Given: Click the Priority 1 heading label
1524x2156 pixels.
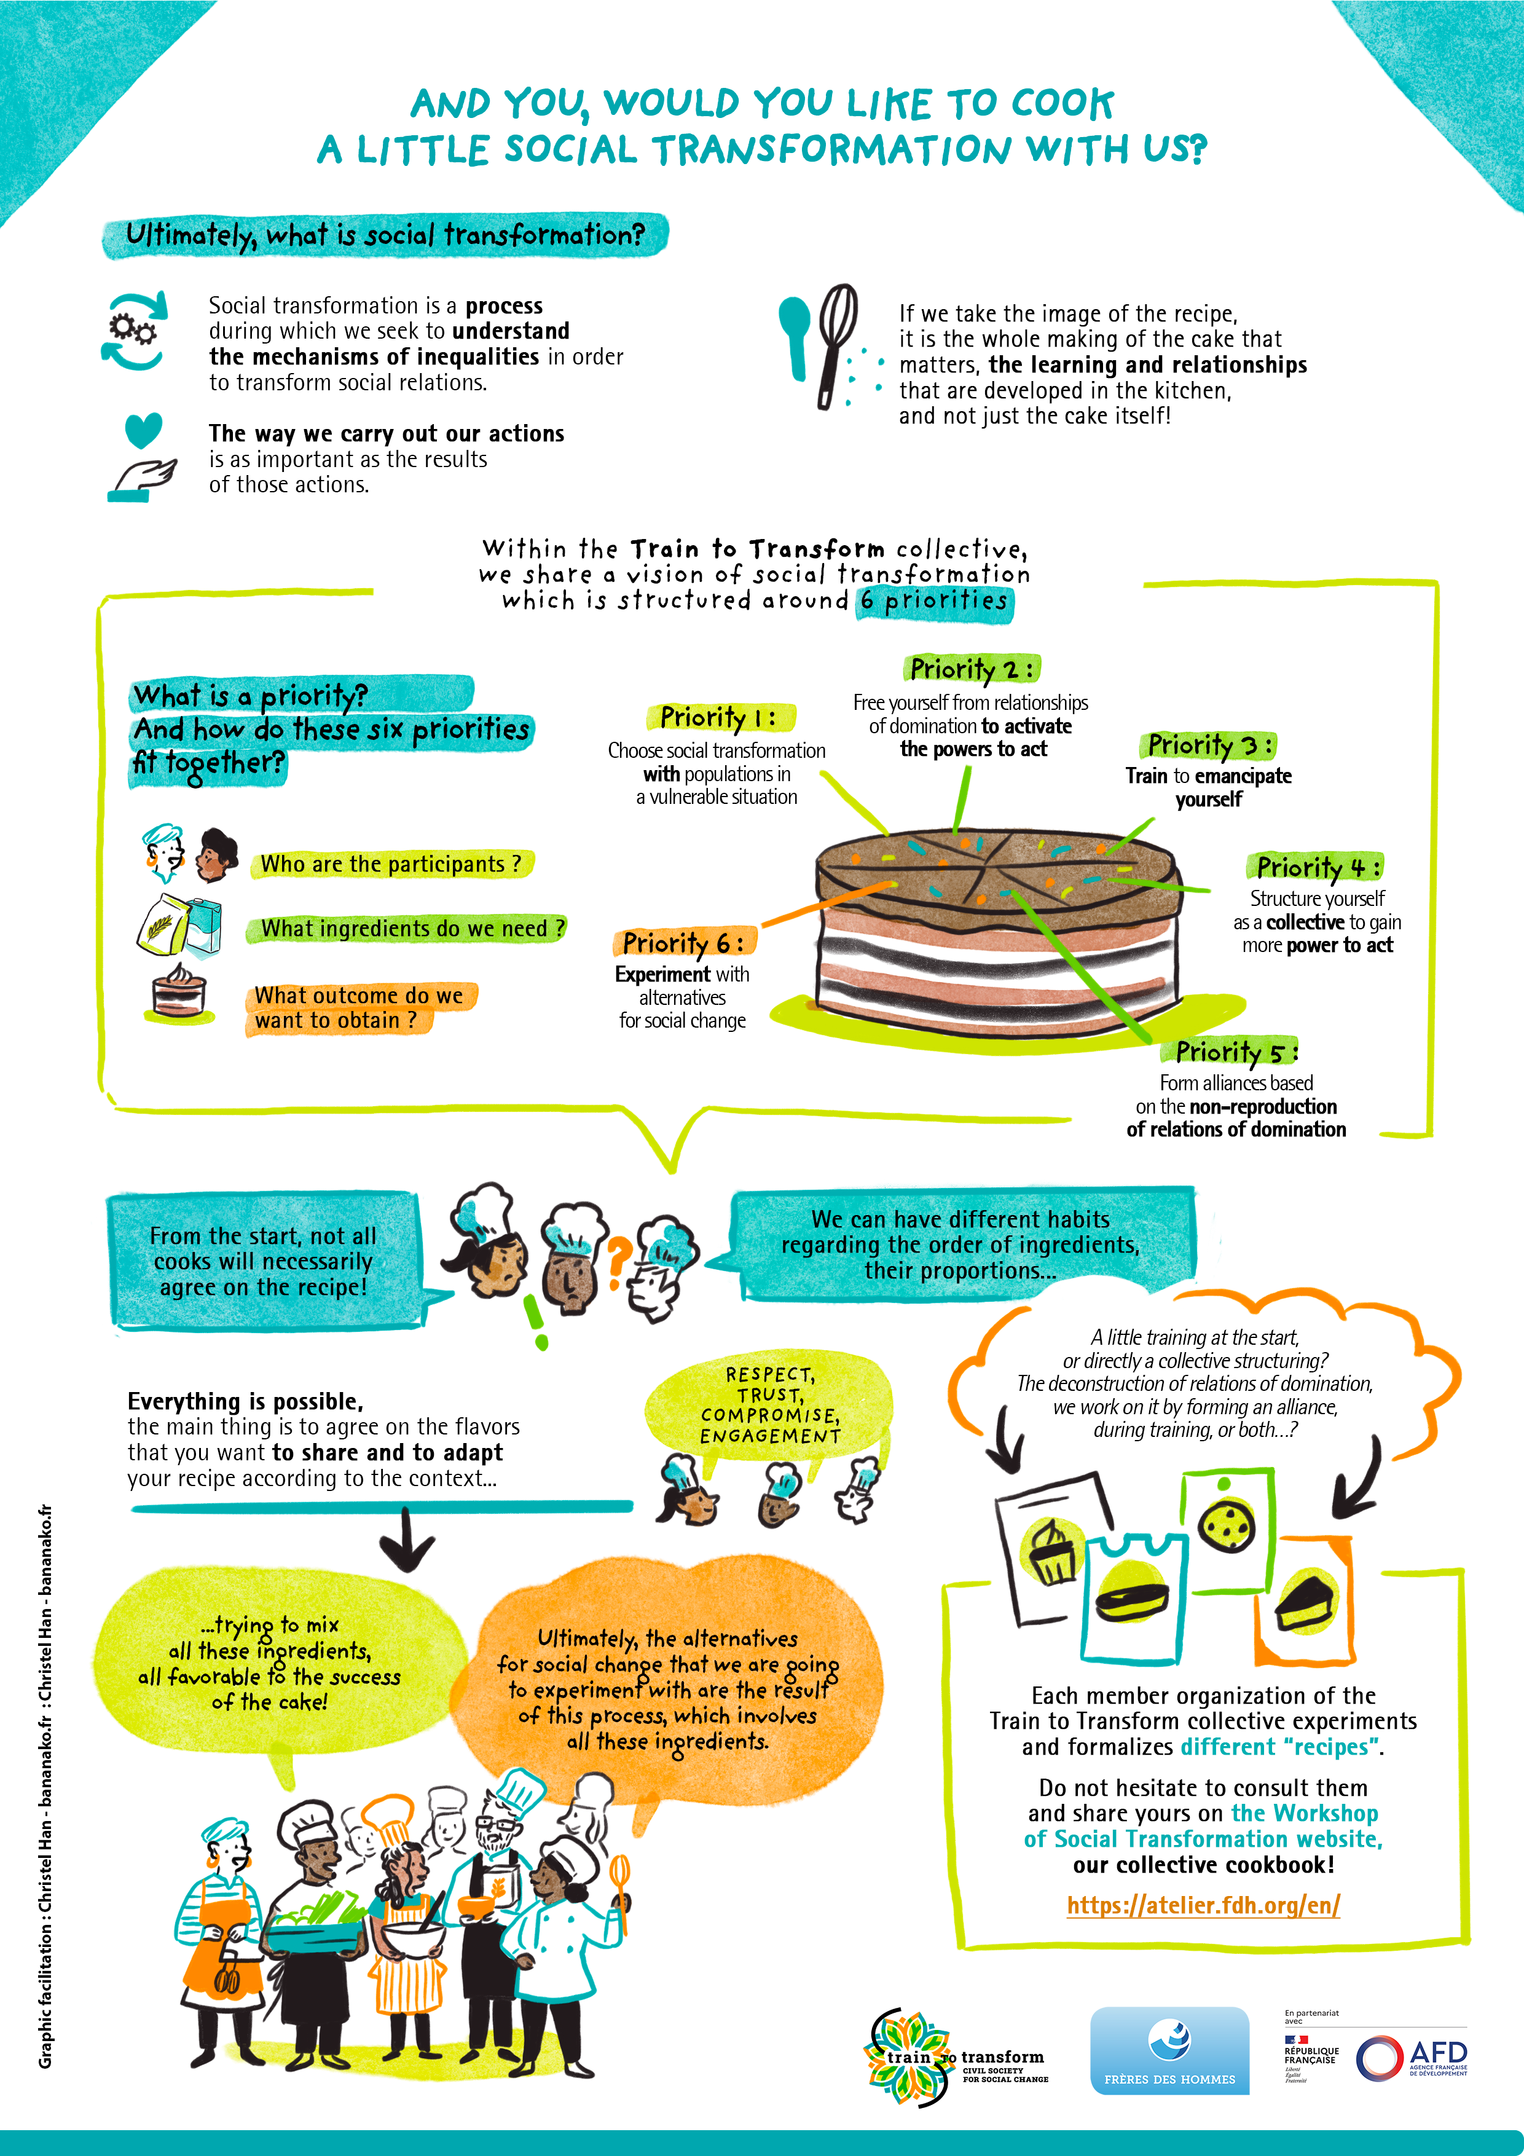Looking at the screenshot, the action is (719, 717).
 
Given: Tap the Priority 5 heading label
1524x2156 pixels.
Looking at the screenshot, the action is (1236, 1052).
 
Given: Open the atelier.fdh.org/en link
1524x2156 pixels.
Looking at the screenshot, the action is (1203, 1905).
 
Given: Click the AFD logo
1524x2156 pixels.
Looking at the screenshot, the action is (1412, 2058).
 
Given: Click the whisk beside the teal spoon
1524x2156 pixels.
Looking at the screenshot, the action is (836, 345).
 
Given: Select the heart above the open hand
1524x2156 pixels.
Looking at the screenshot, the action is (144, 430).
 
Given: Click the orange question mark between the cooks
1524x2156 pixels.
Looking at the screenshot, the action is (617, 1261).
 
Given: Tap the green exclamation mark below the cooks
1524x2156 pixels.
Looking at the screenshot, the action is (536, 1322).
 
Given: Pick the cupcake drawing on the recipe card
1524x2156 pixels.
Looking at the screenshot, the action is (1053, 1552).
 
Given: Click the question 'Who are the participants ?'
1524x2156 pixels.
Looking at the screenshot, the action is (391, 864).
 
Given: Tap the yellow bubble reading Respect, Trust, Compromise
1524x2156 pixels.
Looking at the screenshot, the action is (768, 1406).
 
